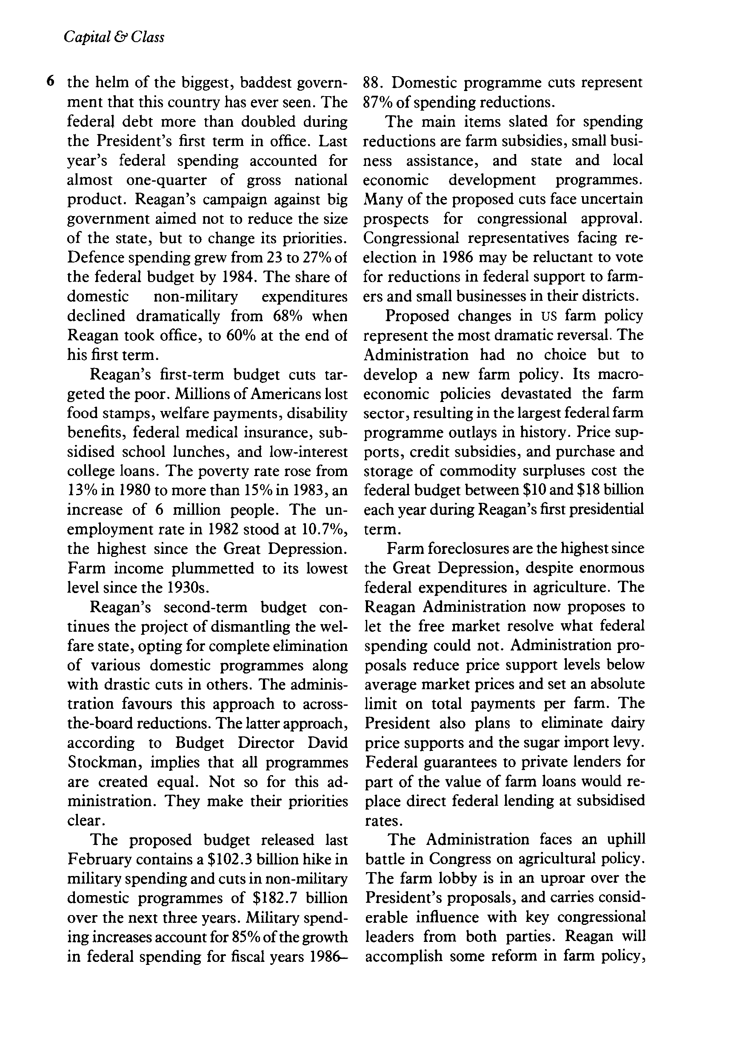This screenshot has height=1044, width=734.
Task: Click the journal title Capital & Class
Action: tap(114, 37)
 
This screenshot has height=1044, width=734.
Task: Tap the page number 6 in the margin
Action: tap(51, 82)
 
